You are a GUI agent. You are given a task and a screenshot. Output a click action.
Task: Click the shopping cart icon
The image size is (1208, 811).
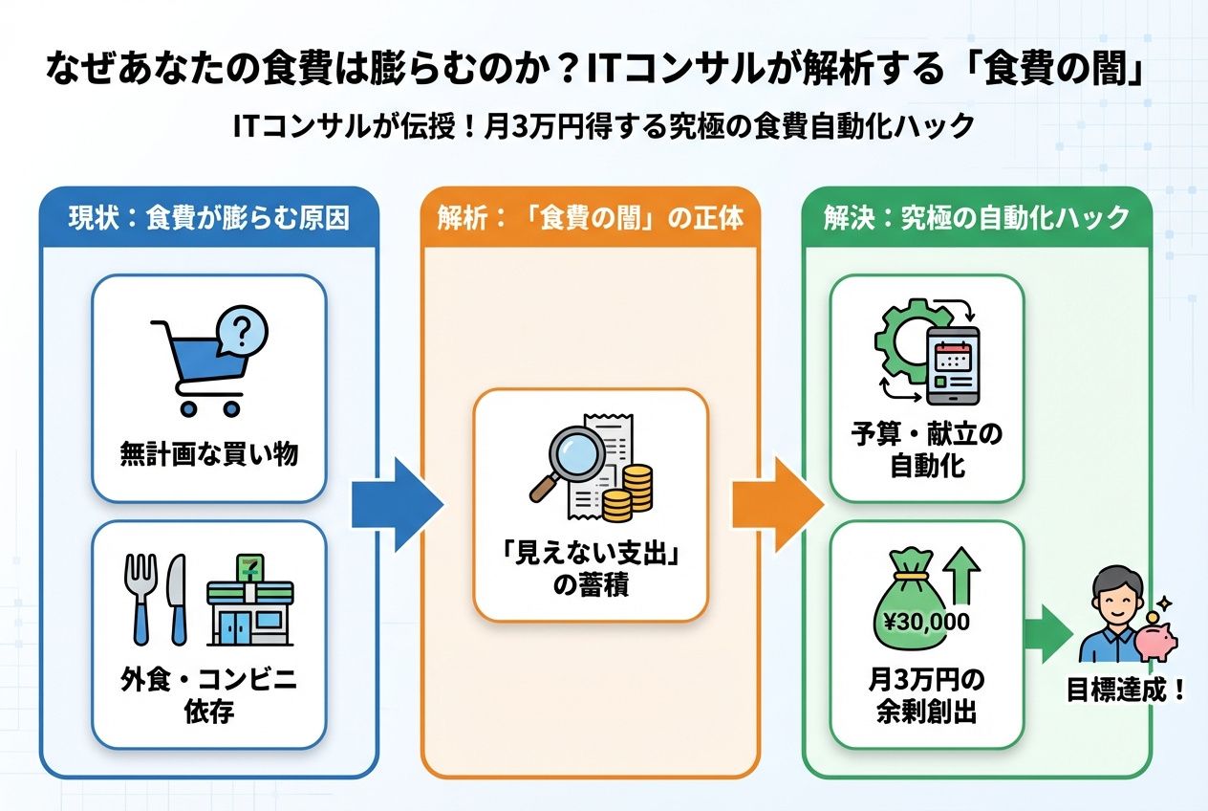196,368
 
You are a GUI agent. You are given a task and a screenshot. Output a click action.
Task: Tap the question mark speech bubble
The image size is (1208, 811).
241,331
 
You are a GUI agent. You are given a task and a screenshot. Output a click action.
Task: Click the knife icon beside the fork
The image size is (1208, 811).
176,598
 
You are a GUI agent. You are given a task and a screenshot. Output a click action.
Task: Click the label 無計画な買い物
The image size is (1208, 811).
208,453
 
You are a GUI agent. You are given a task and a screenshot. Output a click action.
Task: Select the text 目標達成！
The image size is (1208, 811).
1126,690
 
